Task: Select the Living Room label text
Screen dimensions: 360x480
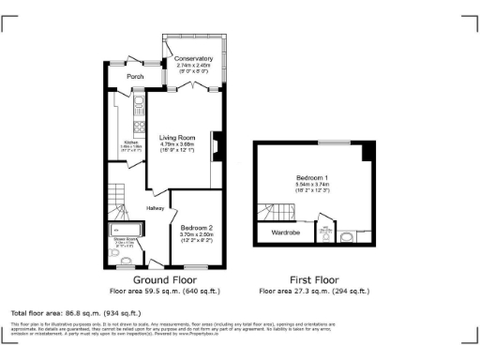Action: pos(176,136)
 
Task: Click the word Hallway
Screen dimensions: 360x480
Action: pos(155,207)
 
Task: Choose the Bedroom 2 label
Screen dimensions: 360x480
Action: pos(196,226)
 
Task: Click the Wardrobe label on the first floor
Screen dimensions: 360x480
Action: pos(285,232)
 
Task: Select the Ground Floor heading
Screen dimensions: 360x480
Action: pos(164,279)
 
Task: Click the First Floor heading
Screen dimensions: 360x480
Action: pos(314,279)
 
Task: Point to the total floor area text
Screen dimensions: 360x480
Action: pos(75,312)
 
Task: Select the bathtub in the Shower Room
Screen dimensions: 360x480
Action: pos(124,228)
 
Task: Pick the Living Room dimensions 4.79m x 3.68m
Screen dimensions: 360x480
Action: pos(176,143)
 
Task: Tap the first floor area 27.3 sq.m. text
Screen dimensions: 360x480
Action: pos(314,291)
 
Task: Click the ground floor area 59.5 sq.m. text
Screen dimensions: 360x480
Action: pos(164,291)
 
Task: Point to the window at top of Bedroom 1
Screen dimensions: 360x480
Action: pos(329,142)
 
